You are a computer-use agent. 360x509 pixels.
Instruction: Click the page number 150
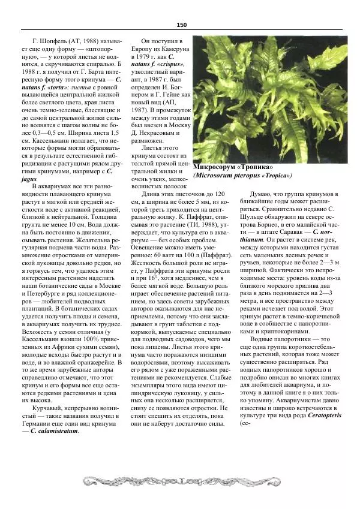182,24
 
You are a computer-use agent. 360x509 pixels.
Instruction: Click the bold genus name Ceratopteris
321,415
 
